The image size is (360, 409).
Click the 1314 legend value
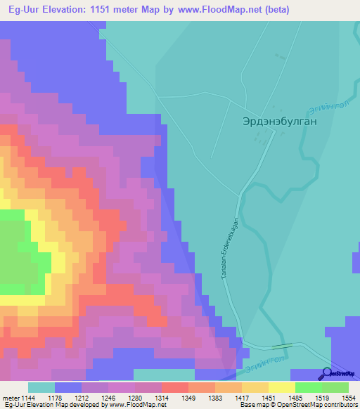[x=162, y=398]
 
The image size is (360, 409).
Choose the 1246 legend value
[x=109, y=398]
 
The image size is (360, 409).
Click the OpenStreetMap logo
[x=339, y=373]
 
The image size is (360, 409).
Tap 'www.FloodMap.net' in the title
[x=221, y=10]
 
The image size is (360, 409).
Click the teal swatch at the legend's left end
[x=41, y=387]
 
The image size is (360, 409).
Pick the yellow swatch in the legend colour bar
[x=281, y=387]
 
